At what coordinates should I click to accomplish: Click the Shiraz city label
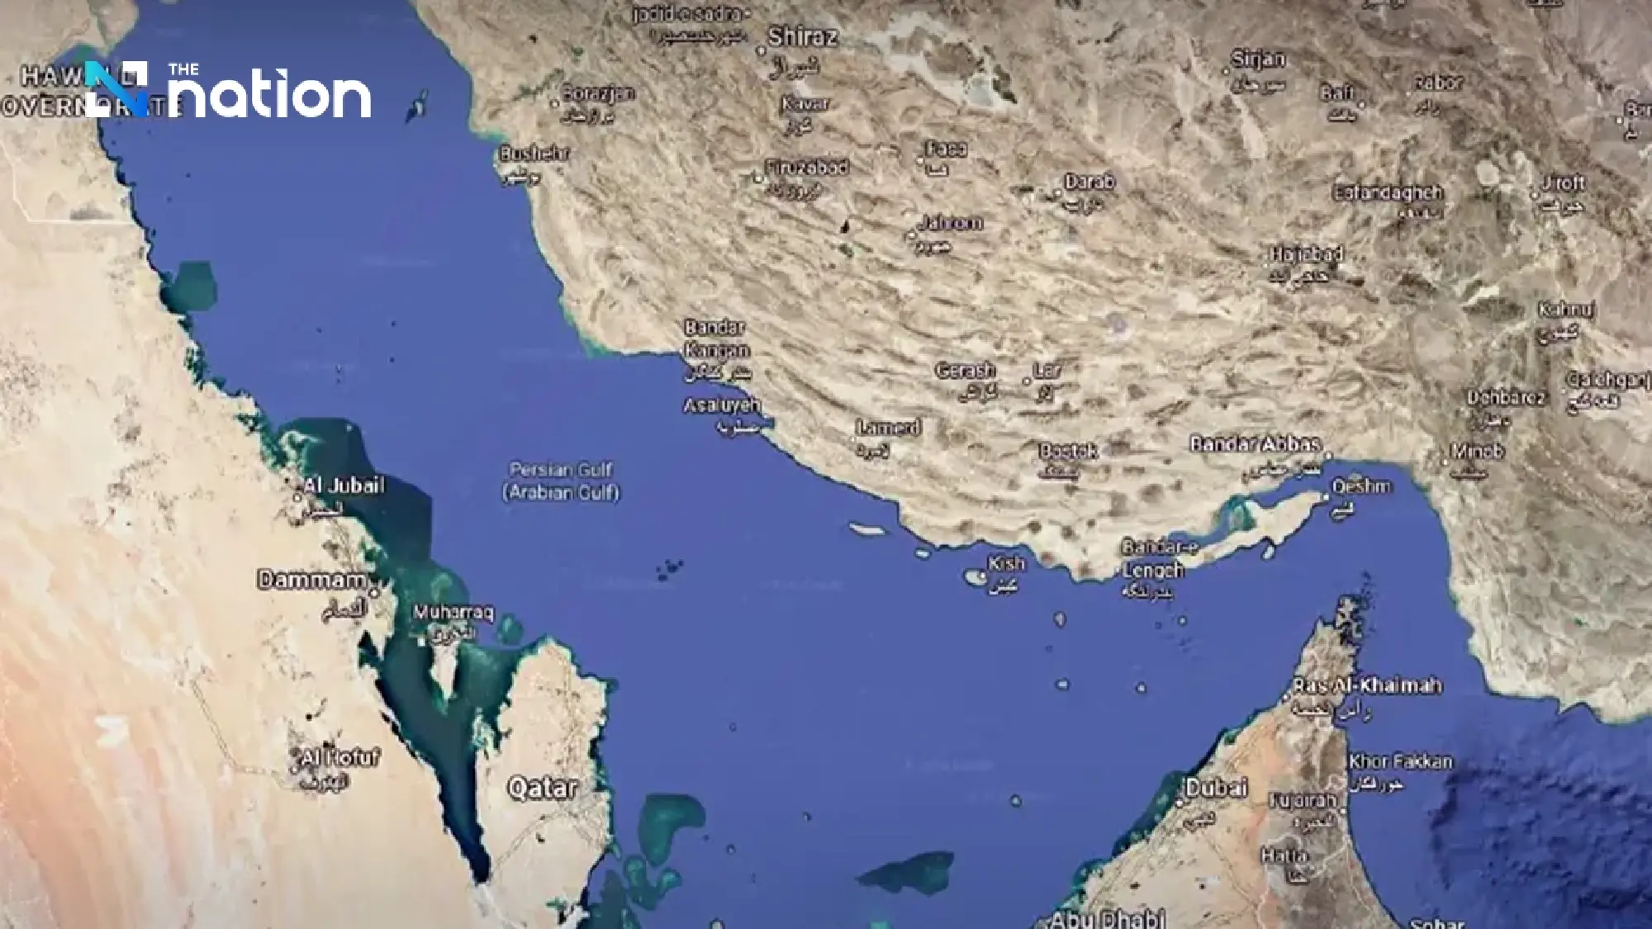(x=802, y=37)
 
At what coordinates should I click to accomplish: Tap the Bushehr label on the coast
(x=534, y=154)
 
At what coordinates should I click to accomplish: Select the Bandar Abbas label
(x=1255, y=444)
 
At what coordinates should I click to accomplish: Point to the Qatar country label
(x=543, y=788)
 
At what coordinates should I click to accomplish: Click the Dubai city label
(x=1216, y=788)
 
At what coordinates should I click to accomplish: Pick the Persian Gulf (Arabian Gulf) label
(x=562, y=481)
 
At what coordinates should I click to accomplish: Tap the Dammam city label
(x=311, y=580)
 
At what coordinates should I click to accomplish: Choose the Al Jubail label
(x=343, y=486)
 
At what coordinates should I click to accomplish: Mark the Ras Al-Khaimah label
(x=1367, y=685)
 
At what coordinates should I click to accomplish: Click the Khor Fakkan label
(x=1400, y=761)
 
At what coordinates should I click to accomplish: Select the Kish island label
(x=1006, y=564)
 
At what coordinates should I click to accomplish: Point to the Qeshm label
(x=1361, y=486)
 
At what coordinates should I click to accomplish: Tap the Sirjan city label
(x=1258, y=59)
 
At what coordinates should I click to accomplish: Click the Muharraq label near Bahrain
(x=453, y=614)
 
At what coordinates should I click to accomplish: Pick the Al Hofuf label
(x=339, y=757)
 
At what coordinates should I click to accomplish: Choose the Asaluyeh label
(x=721, y=406)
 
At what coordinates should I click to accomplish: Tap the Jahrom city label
(x=950, y=223)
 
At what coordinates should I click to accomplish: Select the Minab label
(x=1478, y=452)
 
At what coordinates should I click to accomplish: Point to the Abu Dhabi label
(x=1107, y=918)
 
